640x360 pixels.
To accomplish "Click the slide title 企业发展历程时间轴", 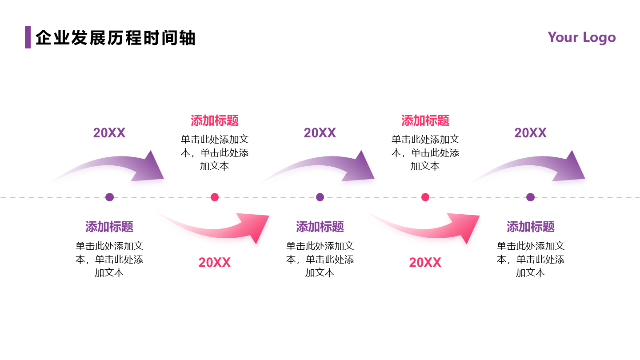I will (115, 38).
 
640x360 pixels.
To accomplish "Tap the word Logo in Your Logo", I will (599, 37).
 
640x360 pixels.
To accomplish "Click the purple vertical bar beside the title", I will (28, 37).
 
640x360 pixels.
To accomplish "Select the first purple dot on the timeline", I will (109, 197).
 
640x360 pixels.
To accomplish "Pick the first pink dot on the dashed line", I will (215, 197).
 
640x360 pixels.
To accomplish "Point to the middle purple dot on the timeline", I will (320, 197).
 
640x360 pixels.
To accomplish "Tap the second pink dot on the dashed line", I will (425, 197).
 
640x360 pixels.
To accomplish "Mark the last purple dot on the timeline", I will (530, 197).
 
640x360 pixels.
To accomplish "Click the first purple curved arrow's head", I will (150, 167).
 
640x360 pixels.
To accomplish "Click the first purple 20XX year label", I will (109, 133).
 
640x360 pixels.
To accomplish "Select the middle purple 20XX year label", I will (320, 133).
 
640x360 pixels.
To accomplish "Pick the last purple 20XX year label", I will (530, 133).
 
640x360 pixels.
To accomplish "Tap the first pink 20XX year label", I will (215, 263).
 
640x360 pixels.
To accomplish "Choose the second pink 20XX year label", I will (425, 263).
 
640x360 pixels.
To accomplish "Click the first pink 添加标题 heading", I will (215, 120).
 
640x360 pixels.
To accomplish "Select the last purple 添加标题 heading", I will (531, 227).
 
